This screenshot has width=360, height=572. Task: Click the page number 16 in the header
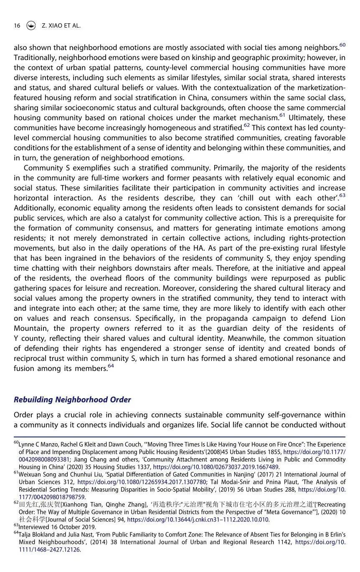pos(17,25)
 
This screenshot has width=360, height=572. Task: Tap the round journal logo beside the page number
pos(30,25)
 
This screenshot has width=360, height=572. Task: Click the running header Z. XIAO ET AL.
pos(61,25)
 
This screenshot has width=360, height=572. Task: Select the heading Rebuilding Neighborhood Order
pos(72,399)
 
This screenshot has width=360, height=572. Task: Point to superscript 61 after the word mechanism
pos(282,115)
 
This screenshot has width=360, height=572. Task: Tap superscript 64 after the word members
pos(111,366)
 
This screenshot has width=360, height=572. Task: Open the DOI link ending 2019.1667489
pos(215,467)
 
